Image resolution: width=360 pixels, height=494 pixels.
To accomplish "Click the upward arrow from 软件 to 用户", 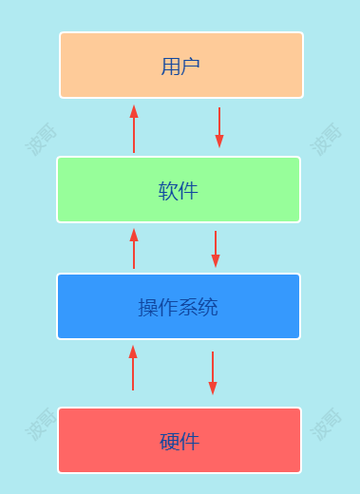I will point(134,129).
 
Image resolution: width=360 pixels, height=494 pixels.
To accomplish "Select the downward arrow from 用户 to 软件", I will point(219,127).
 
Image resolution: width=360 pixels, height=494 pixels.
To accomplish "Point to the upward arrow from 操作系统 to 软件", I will point(134,248).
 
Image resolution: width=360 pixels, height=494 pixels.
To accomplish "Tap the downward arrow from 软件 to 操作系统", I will point(216,248).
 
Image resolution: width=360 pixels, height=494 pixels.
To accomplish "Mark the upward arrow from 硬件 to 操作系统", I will point(133,368).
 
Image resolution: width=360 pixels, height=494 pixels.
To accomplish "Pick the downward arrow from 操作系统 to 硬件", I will point(213,372).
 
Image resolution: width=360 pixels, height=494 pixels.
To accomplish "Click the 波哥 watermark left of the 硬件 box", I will point(41,424).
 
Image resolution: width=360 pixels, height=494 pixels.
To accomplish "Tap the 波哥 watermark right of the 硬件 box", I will point(326,424).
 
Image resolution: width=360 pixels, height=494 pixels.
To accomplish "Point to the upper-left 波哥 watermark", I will point(41,139).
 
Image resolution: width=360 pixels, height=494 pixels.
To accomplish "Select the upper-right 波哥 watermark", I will point(326,139).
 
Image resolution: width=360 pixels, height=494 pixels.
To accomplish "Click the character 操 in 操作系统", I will point(148,308).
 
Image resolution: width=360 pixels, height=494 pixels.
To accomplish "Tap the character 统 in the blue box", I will point(209,308).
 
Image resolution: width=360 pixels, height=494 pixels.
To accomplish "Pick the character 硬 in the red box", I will point(169,442).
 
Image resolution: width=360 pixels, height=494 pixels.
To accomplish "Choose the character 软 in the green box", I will point(168,191).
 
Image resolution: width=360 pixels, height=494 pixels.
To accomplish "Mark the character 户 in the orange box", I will point(191,66).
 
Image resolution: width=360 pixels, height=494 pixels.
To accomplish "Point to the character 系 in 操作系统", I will point(188,308).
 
